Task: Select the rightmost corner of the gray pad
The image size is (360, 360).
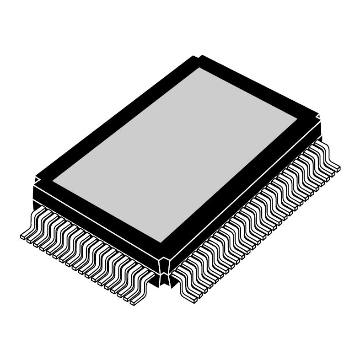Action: click(298, 117)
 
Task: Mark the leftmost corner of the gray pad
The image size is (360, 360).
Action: click(52, 181)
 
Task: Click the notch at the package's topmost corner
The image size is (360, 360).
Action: click(198, 58)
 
